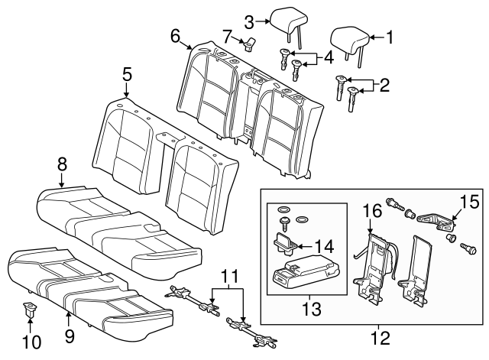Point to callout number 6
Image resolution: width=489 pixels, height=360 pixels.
[175, 35]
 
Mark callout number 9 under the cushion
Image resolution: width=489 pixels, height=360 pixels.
[69, 334]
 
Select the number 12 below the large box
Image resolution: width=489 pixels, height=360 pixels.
[374, 335]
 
